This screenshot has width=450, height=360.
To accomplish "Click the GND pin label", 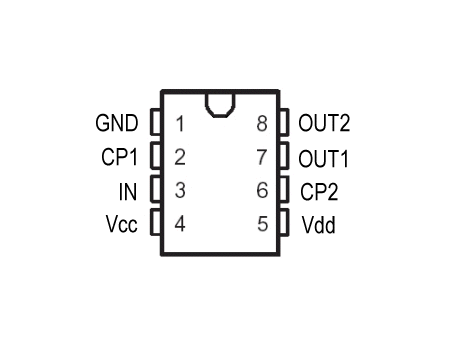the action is pos(117,123).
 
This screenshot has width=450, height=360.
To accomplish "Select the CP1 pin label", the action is pos(119,157).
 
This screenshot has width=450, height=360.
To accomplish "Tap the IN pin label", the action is pos(128,192).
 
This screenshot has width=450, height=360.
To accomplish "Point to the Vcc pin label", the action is pos(121,224).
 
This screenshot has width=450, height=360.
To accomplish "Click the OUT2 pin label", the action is pos(324,123).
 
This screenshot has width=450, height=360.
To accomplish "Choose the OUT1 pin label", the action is pos(323,158).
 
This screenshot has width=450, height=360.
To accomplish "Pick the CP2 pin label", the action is pos(319,192).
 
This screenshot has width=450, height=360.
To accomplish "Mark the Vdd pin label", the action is pos(319,225).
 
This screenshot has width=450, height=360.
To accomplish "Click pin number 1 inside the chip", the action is pos(180,123).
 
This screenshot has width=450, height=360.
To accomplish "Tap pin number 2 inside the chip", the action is pos(180,157).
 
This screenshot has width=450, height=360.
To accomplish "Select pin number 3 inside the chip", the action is pos(180,190).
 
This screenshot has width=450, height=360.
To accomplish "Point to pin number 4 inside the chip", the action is pos(180,224).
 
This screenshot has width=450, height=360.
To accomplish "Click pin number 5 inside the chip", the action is pos(263,224).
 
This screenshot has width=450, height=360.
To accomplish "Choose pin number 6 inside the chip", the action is pos(262,190).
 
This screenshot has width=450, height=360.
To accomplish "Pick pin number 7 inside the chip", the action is pos(262,157).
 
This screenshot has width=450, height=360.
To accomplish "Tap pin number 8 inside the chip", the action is pos(262,123).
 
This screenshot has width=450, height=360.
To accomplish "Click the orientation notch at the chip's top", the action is pos(220,116).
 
